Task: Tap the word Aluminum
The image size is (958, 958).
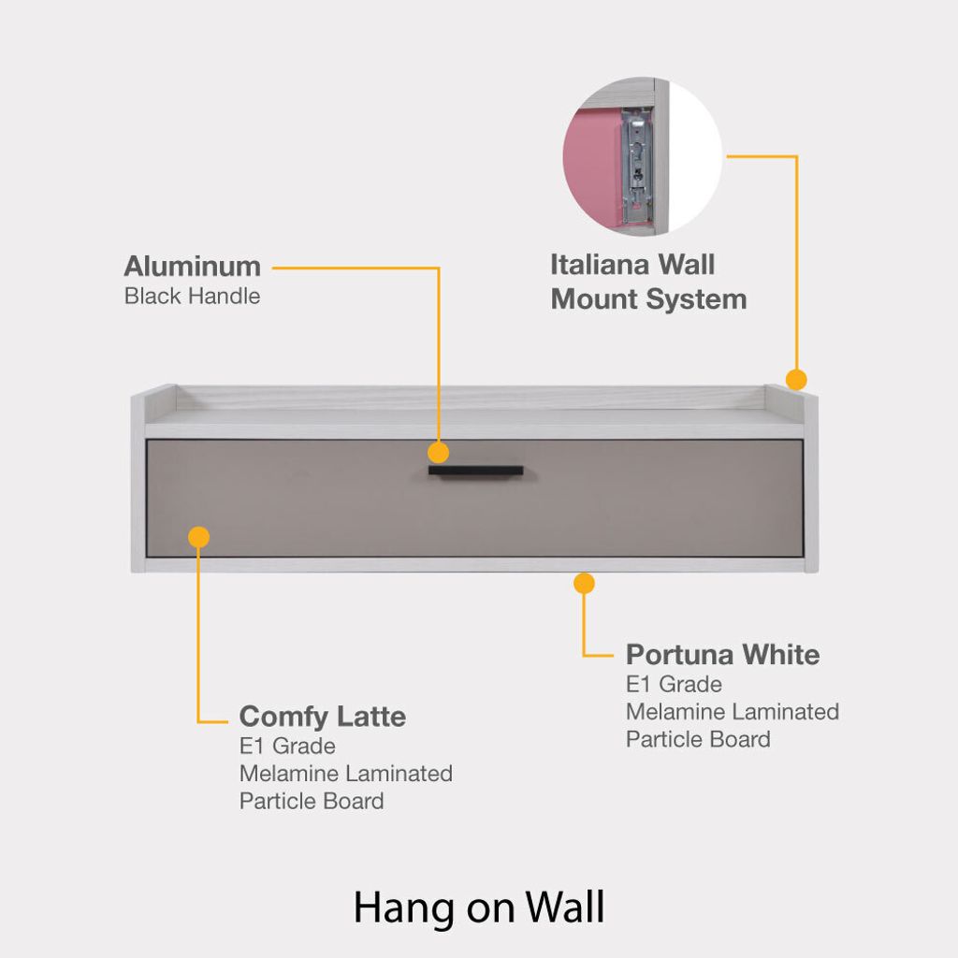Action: pyautogui.click(x=192, y=266)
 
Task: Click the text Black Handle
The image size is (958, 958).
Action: pyautogui.click(x=192, y=297)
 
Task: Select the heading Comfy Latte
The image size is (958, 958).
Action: pyautogui.click(x=322, y=717)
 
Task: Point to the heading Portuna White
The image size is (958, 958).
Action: pyautogui.click(x=722, y=654)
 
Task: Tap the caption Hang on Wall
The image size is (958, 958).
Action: pyautogui.click(x=479, y=907)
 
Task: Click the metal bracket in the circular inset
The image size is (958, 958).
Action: pyautogui.click(x=637, y=164)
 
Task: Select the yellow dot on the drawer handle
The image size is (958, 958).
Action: pyautogui.click(x=439, y=453)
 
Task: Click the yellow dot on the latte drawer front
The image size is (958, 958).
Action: pyautogui.click(x=198, y=537)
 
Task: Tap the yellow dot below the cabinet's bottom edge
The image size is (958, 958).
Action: pyautogui.click(x=584, y=584)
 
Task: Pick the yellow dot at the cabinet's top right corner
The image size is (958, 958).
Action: pyautogui.click(x=796, y=380)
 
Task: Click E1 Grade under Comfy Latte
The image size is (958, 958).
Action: pyautogui.click(x=287, y=747)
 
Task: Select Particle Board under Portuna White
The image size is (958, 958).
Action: pyautogui.click(x=698, y=739)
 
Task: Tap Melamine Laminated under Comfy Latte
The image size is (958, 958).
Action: pyautogui.click(x=345, y=774)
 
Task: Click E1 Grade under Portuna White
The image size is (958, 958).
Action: pyautogui.click(x=674, y=684)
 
